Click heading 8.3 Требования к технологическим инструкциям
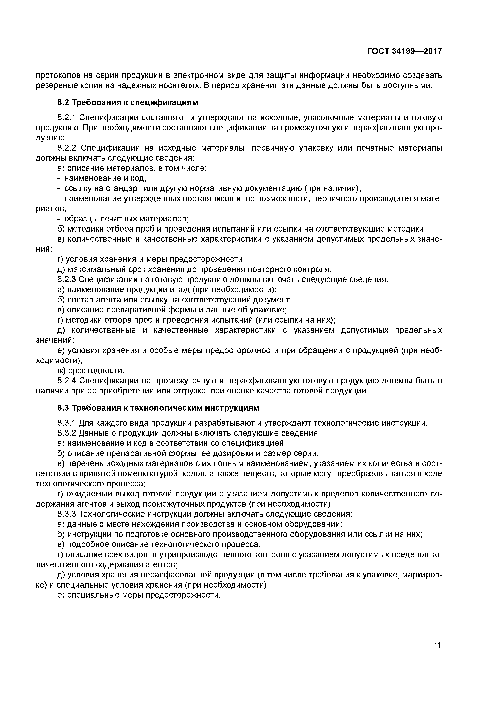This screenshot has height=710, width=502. pos(158,408)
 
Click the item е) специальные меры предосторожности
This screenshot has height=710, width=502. pos(139,595)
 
